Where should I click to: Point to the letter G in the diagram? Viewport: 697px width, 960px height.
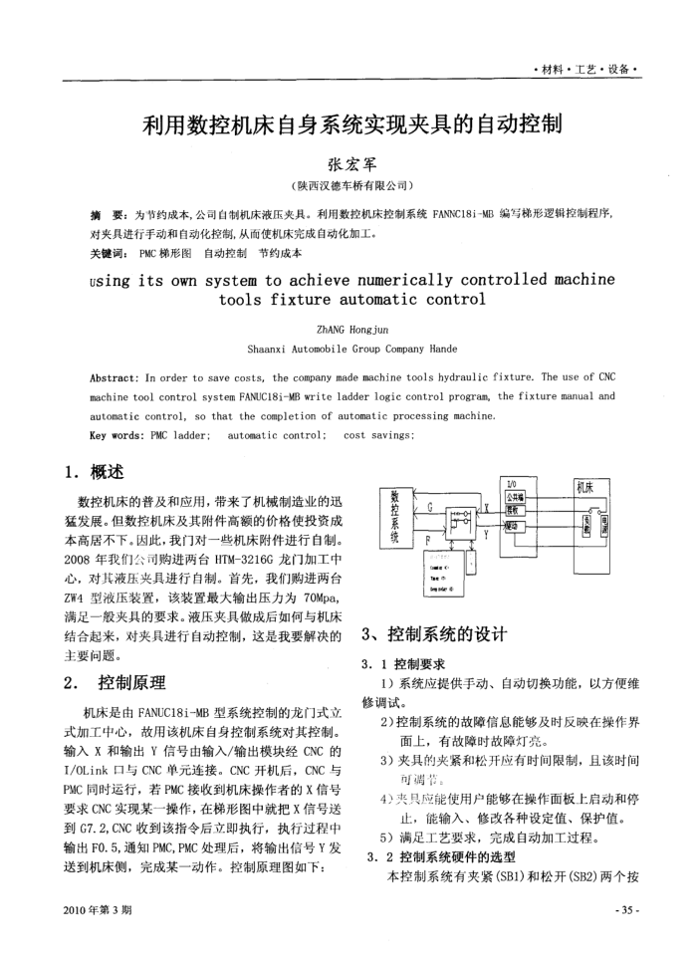(x=429, y=507)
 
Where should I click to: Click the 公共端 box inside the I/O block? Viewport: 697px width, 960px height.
(x=515, y=495)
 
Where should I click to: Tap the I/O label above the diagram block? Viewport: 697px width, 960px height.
(x=513, y=481)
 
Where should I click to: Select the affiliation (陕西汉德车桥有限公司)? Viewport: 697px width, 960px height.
(x=348, y=186)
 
